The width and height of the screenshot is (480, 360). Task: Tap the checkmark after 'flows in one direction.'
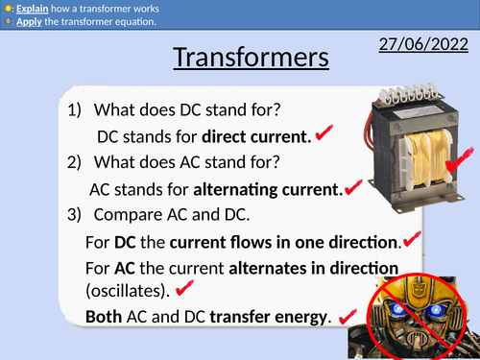point(414,236)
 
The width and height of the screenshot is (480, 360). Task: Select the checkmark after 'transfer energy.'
point(348,314)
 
